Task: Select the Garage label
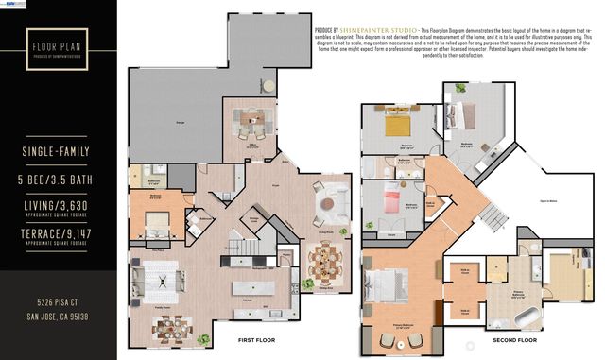(x=179, y=123)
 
